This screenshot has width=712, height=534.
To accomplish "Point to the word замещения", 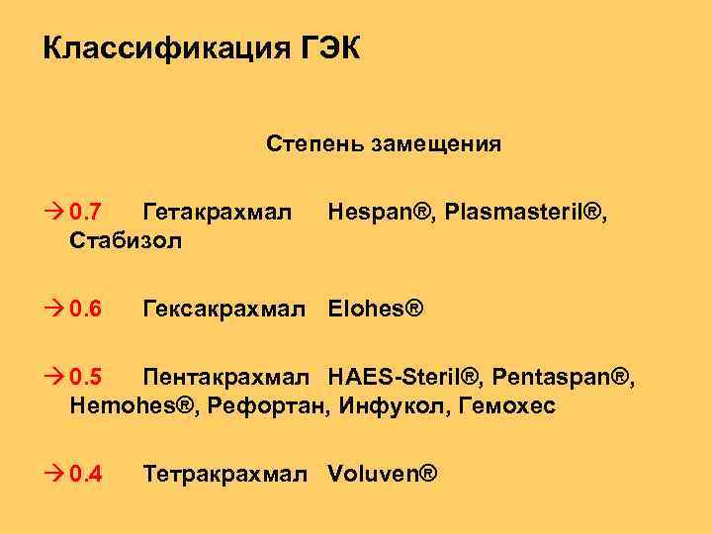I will (435, 144).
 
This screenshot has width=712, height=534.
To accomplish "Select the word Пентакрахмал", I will (229, 377).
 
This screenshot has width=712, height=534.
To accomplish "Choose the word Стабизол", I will (127, 241).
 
